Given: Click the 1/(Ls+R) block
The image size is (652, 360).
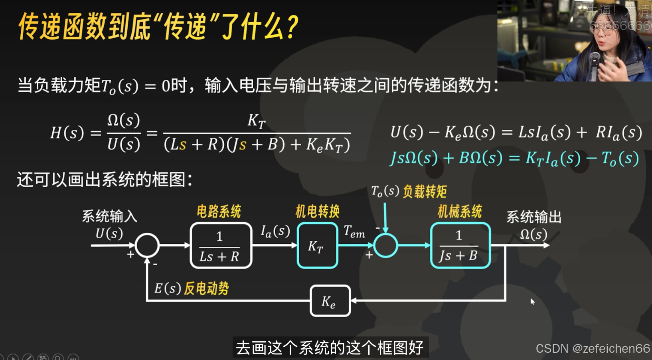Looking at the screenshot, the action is [x=221, y=245].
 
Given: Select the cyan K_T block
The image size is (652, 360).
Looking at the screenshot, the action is [x=317, y=245].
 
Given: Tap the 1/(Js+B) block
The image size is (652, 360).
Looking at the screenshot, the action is [x=460, y=245].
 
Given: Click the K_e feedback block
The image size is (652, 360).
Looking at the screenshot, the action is [x=330, y=301].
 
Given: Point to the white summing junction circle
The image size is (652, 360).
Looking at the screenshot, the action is [x=147, y=245].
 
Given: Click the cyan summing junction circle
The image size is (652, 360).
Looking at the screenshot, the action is [x=385, y=245].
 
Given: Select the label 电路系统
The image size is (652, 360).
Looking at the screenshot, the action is [x=219, y=212].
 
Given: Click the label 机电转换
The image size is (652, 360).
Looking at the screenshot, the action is [x=317, y=212].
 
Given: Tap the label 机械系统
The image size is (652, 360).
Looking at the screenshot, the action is [x=460, y=212].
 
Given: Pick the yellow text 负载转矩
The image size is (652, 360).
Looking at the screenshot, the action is [x=425, y=192].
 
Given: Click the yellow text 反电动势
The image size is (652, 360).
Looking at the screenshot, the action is [x=206, y=288].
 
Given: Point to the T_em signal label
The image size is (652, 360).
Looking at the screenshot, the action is [x=354, y=231].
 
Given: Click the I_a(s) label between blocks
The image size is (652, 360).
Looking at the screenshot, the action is [x=275, y=231].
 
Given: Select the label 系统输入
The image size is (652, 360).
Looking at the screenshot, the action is [x=109, y=216].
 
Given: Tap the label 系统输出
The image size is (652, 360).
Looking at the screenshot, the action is [x=534, y=217].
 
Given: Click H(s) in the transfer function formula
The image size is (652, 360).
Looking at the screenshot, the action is [x=67, y=133].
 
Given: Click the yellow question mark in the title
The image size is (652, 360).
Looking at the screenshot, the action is [x=292, y=27].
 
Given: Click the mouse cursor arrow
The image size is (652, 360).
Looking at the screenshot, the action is [x=532, y=301].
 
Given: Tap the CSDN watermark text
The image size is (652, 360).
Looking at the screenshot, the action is [x=593, y=348].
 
